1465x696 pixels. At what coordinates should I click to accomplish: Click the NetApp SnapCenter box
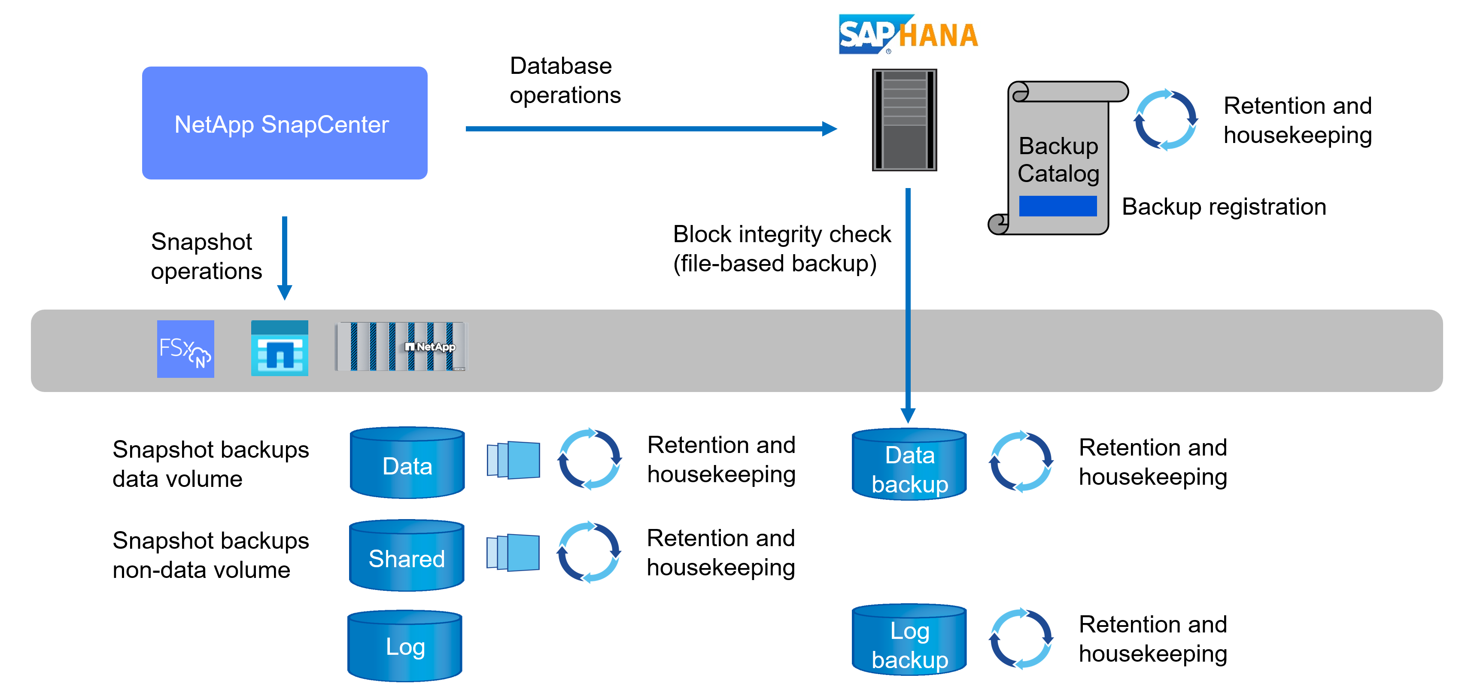[x=284, y=123]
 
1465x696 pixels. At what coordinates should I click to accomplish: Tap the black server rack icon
[x=904, y=120]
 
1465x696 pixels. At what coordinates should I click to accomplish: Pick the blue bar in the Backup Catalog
[x=1058, y=206]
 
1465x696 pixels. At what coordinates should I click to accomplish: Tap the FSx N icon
[x=185, y=349]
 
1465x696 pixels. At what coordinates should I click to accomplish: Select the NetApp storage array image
[x=401, y=346]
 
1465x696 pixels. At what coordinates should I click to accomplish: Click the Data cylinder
[x=407, y=463]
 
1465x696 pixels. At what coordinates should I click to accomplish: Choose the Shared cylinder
[x=407, y=556]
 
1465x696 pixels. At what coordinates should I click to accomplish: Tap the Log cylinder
[x=405, y=646]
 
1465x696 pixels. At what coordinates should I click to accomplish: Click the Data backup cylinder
[x=909, y=465]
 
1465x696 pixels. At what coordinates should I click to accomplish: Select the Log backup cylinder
[x=909, y=640]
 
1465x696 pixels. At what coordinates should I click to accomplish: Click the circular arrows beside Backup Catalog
[x=1165, y=120]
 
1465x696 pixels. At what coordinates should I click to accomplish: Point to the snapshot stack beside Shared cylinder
[x=513, y=552]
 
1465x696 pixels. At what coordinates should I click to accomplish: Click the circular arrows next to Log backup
[x=1021, y=638]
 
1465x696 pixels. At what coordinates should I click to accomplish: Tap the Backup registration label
[x=1224, y=207]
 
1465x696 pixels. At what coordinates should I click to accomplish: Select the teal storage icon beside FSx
[x=279, y=348]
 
